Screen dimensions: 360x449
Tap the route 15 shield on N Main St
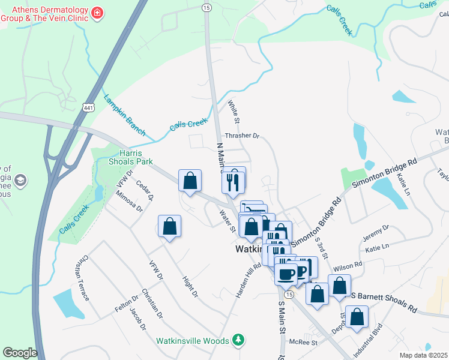click(206, 7)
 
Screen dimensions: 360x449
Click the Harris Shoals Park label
click(131, 157)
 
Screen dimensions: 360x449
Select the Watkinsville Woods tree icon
click(239, 340)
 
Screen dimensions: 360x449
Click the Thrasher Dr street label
click(241, 136)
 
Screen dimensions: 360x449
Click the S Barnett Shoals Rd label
click(384, 303)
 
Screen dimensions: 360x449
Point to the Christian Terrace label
click(82, 279)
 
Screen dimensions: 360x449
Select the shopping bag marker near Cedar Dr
click(190, 181)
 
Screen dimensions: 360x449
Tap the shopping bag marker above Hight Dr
click(170, 227)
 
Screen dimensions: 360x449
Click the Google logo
click(20, 353)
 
